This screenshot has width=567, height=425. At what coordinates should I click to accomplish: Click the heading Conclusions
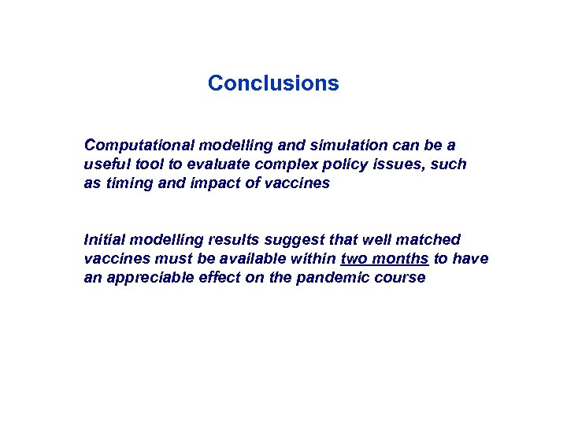tap(273, 83)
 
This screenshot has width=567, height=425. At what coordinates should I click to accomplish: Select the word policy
tap(332, 164)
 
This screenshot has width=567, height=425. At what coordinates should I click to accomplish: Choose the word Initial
tap(104, 239)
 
